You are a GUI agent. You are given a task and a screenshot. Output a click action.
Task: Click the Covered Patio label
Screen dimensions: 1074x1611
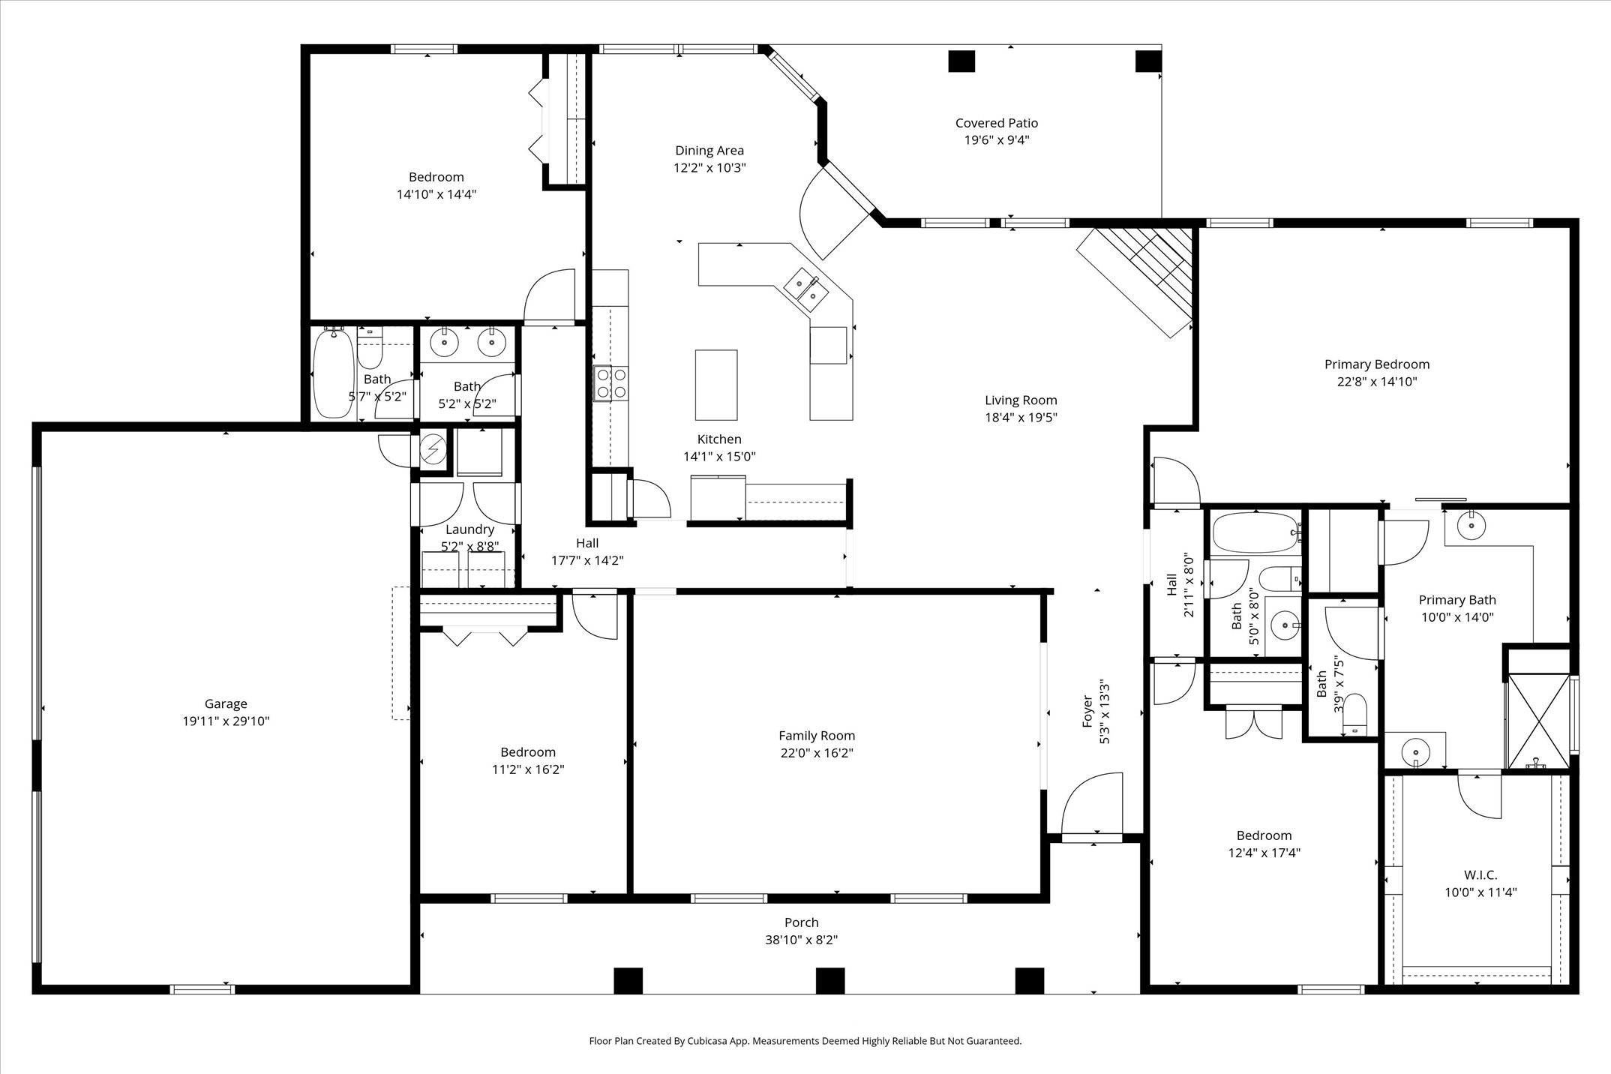click(996, 123)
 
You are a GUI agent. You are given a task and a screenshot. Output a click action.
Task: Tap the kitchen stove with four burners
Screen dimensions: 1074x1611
click(610, 383)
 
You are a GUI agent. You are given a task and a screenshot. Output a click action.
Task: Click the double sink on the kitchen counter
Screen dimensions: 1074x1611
click(806, 289)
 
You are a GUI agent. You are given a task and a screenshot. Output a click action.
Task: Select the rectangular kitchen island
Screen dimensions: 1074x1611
click(715, 385)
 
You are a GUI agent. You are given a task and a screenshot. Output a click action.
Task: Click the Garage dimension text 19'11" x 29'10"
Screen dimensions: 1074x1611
click(226, 721)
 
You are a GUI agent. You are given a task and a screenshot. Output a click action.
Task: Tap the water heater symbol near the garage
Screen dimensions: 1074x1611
click(432, 450)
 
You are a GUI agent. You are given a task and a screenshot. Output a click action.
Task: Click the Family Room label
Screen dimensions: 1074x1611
click(816, 736)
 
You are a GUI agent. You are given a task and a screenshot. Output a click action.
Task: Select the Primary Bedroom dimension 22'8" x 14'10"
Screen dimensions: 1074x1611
click(1376, 382)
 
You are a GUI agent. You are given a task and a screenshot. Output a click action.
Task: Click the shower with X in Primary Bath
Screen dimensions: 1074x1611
click(1537, 720)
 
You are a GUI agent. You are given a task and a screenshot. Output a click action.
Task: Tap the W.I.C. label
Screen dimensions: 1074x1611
click(1480, 874)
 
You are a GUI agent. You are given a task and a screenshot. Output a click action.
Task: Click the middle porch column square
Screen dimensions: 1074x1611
click(829, 980)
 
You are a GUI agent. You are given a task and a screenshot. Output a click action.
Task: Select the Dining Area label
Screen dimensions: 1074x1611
click(709, 151)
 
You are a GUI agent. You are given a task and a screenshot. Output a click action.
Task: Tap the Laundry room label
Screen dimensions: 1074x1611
click(469, 529)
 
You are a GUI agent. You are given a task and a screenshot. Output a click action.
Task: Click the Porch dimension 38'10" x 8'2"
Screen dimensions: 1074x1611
click(801, 940)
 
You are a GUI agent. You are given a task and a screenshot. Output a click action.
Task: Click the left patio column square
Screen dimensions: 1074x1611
click(961, 61)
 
